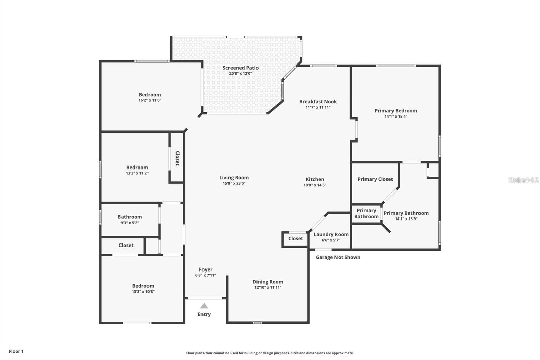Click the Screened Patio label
pos(241,68)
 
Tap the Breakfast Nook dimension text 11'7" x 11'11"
pos(318,107)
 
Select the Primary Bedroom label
pos(396,111)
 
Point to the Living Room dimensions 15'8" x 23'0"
pos(234,183)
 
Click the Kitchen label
pos(315,179)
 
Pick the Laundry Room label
pos(331,234)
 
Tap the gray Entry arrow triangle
pos(204,306)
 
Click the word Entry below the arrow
pos(204,314)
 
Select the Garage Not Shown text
pos(338,257)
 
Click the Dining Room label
pos(268,282)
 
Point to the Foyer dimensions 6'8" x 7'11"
pos(206,275)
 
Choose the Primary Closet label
pos(375,179)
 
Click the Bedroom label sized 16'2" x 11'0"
pos(150,95)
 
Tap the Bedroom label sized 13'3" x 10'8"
pos(143,286)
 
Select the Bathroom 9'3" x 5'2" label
pos(130,217)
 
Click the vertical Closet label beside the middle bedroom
pos(177,158)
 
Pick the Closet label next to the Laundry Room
pos(296,239)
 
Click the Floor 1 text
pos(16,351)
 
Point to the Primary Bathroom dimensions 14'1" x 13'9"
pos(406,219)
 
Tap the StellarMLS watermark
pos(523,180)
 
